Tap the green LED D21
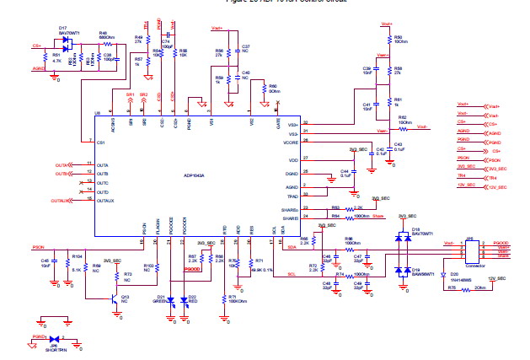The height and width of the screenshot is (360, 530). click(171, 299)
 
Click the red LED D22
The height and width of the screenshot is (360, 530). click(185, 299)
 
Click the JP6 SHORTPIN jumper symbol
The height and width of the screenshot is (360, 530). click(52, 338)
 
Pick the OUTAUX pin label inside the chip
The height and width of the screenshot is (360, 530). click(107, 201)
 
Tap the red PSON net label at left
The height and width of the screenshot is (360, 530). click(38, 247)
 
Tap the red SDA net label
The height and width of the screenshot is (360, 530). click(292, 248)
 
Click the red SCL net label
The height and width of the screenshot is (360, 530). click(292, 274)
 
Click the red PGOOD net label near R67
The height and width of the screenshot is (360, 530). click(192, 269)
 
